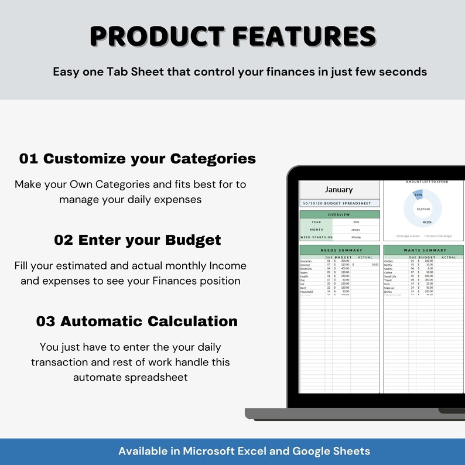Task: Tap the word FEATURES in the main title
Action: [x=304, y=36]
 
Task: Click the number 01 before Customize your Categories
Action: [x=29, y=159]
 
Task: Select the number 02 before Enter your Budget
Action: [x=63, y=240]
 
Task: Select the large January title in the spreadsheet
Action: [x=339, y=190]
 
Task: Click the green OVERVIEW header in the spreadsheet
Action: [x=339, y=215]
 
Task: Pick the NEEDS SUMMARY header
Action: [x=339, y=250]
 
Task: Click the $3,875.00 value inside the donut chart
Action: [x=423, y=209]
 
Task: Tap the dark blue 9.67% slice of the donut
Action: [x=418, y=195]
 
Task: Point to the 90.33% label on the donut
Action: [x=428, y=223]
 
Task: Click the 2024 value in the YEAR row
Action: [x=355, y=223]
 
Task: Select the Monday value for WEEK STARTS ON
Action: [x=355, y=237]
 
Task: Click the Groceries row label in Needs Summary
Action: [x=306, y=261]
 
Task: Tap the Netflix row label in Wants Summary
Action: [x=389, y=265]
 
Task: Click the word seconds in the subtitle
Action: [x=404, y=72]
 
